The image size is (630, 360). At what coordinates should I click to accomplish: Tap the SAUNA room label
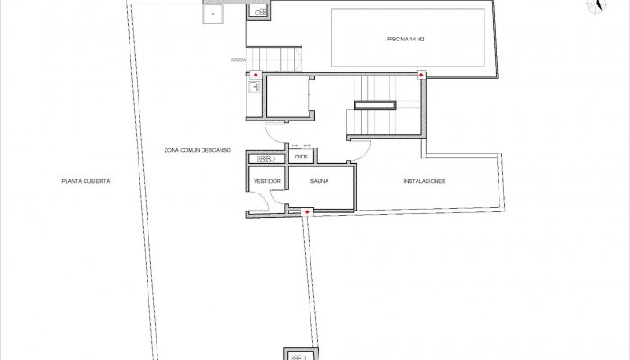319,182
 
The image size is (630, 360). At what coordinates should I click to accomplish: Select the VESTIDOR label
267,182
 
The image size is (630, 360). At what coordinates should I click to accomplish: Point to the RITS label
301,157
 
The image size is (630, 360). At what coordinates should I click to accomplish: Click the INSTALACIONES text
425,182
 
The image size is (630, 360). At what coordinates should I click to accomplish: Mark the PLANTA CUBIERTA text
85,182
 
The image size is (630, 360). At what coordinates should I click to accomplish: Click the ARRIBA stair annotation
238,59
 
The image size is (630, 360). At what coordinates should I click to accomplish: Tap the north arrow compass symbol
596,6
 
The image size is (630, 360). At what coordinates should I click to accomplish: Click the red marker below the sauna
308,212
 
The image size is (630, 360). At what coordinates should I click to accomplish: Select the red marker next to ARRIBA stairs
256,75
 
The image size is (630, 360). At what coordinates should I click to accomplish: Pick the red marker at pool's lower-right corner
421,75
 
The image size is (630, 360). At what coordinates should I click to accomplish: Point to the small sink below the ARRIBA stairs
253,87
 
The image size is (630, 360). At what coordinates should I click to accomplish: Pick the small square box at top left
213,15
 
